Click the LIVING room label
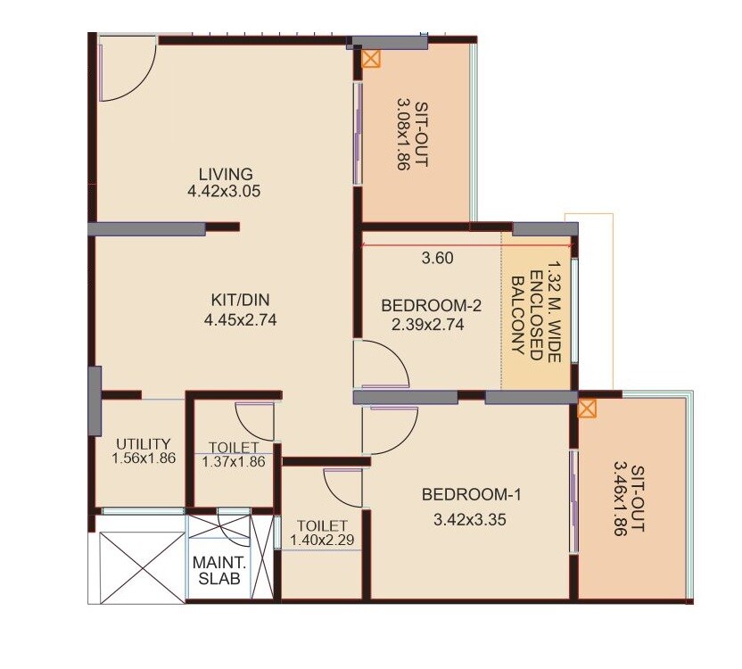(x=225, y=174)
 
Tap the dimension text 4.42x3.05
(x=225, y=191)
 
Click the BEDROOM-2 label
(x=431, y=306)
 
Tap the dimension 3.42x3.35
(x=464, y=519)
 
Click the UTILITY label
(x=143, y=443)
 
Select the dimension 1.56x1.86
(x=144, y=458)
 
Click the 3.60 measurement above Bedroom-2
(x=438, y=259)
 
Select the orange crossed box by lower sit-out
(x=587, y=409)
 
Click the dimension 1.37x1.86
(x=234, y=461)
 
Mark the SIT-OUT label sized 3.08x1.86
(x=412, y=133)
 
